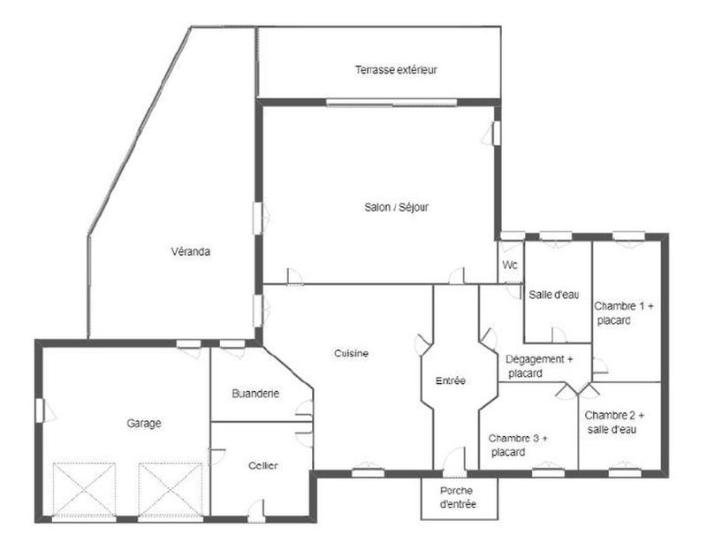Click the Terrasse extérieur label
(397, 70)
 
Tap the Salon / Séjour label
(397, 208)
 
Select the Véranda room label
(191, 252)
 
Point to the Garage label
(144, 424)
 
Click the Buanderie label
(255, 394)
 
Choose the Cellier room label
(263, 466)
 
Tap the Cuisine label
(351, 354)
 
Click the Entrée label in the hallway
(451, 381)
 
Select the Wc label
(510, 265)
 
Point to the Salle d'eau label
(553, 295)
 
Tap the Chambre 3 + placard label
(519, 445)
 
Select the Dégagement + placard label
(539, 366)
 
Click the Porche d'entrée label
(458, 497)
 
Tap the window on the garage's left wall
(40, 410)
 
